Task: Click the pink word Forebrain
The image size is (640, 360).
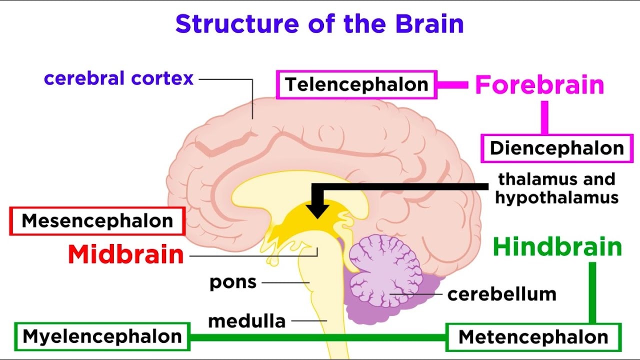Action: (539, 84)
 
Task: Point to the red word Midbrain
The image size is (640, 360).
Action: (126, 254)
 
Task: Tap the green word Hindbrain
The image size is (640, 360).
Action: (557, 247)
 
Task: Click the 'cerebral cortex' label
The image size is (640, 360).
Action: (119, 78)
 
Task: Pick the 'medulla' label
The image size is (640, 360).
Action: (247, 321)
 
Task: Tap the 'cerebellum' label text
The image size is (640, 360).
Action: (501, 294)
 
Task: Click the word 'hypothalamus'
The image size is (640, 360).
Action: (557, 197)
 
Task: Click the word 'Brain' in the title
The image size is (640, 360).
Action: (429, 23)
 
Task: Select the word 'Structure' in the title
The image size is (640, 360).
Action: (237, 23)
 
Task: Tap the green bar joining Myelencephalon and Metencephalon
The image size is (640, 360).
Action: (318, 337)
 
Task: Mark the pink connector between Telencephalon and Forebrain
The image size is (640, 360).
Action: (453, 85)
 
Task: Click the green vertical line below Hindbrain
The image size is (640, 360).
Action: (592, 292)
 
